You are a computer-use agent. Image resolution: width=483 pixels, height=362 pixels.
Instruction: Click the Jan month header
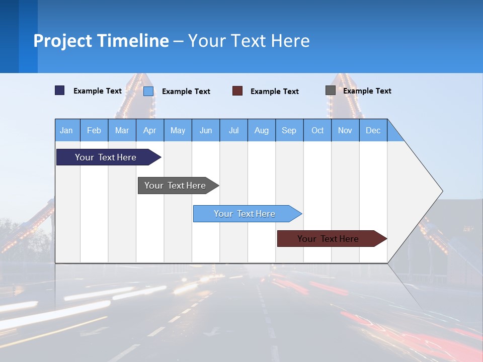pos(67,130)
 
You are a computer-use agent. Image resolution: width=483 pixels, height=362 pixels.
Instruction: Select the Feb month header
pos(94,130)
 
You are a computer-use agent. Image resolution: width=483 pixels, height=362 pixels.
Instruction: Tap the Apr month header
pos(150,130)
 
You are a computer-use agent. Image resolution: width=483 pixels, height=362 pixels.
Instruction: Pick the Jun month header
pos(206,130)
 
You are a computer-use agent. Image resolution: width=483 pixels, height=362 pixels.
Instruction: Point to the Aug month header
pos(262,130)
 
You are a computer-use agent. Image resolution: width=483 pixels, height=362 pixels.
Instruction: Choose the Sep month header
pos(289,130)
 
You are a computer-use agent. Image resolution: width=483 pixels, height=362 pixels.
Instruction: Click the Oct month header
pos(317,130)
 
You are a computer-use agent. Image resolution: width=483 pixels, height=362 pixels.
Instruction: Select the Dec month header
pos(373,130)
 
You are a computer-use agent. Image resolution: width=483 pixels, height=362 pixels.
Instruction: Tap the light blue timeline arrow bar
pos(245,214)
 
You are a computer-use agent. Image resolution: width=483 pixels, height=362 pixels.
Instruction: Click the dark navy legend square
pos(60,90)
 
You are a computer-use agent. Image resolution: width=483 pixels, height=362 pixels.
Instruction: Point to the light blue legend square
pos(148,91)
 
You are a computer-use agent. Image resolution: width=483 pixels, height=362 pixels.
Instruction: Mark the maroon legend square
pos(237,91)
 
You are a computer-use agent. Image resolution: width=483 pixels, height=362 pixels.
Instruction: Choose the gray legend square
pos(331,90)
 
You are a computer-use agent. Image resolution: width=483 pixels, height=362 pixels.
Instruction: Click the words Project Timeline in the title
pos(101,41)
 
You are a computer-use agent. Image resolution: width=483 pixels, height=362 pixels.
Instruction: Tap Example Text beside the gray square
pos(367,91)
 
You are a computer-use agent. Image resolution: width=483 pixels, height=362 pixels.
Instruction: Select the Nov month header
pos(345,130)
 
